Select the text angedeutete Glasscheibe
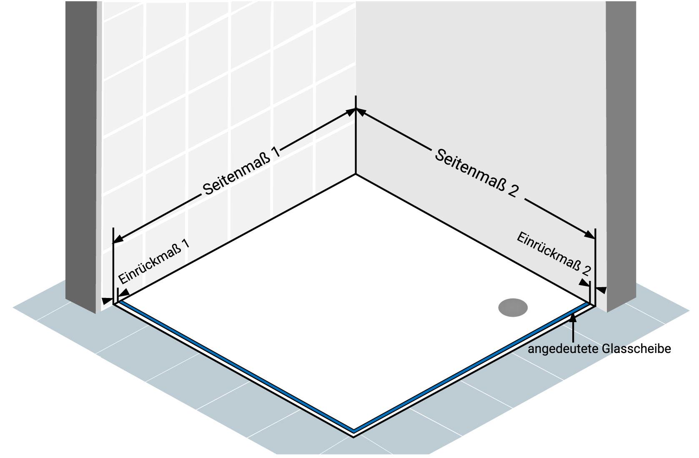coord(599,349)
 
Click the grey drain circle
coord(513,308)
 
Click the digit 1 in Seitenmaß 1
coord(276,150)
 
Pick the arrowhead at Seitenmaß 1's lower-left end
coord(118,239)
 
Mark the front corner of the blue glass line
coord(353,430)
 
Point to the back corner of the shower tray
coord(356,174)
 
